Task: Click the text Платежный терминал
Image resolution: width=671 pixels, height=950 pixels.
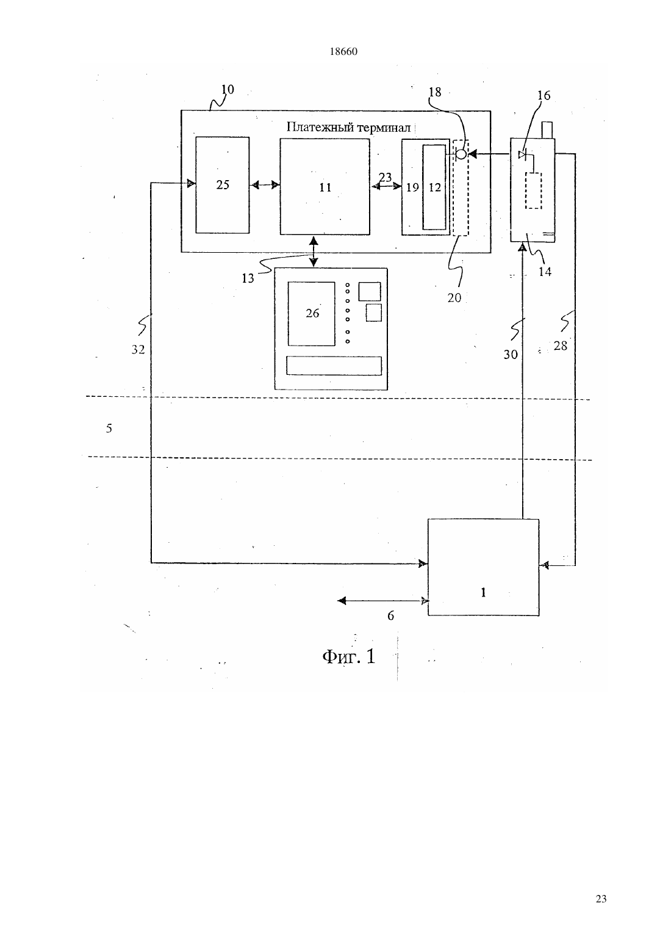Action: (349, 127)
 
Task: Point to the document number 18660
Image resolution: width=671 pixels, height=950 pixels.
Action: (343, 52)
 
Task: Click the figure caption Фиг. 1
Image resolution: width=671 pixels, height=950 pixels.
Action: (349, 656)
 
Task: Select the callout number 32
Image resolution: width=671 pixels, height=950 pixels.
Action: (138, 349)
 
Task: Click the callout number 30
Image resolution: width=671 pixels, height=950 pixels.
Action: (511, 354)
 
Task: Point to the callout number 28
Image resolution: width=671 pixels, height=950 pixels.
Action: (560, 346)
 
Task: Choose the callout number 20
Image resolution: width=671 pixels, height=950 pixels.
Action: (454, 298)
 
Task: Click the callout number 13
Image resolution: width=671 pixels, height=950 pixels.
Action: (248, 278)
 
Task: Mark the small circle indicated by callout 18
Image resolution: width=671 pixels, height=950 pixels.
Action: (461, 154)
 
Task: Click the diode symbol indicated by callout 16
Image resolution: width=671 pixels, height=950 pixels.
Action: (523, 155)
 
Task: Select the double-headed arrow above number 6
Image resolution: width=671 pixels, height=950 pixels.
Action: (383, 601)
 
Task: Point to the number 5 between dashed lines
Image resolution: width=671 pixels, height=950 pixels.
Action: (109, 429)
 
